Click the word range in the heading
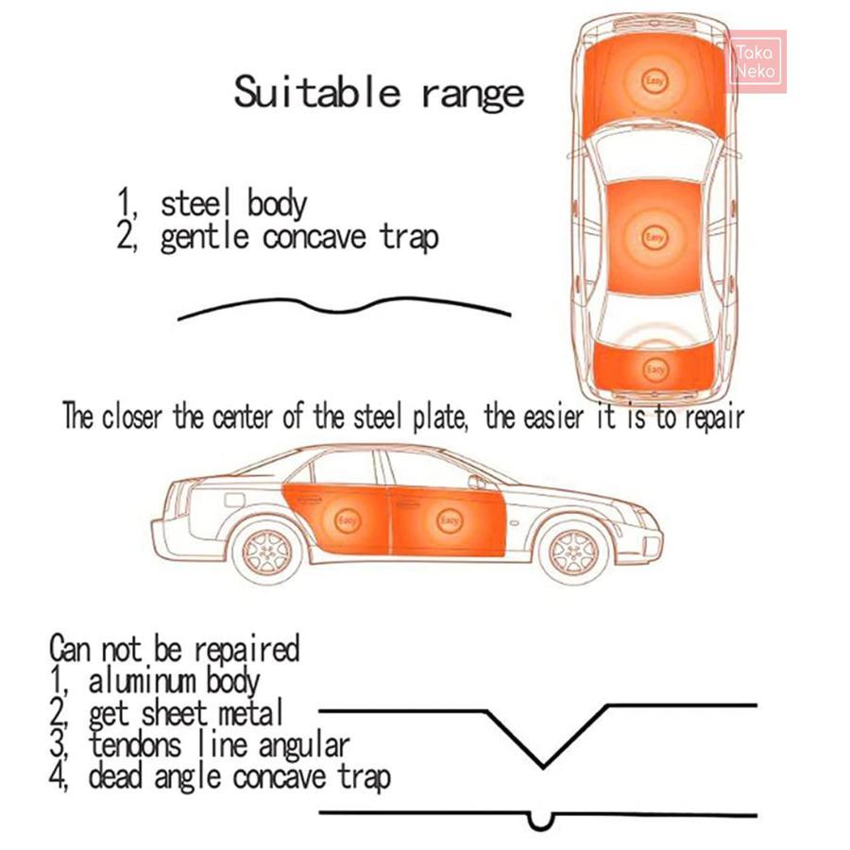point(473,94)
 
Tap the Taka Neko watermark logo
point(756,61)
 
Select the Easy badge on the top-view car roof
point(654,237)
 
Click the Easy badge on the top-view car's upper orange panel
point(654,82)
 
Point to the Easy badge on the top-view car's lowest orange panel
point(654,370)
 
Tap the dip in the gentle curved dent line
point(339,311)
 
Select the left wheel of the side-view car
point(266,552)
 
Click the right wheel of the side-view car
point(574,552)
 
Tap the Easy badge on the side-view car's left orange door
point(347,521)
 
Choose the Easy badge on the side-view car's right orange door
point(450,521)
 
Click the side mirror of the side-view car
point(477,482)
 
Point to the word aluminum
point(143,681)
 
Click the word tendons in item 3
point(134,744)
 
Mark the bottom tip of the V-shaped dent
point(543,766)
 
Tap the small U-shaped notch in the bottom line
point(540,822)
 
